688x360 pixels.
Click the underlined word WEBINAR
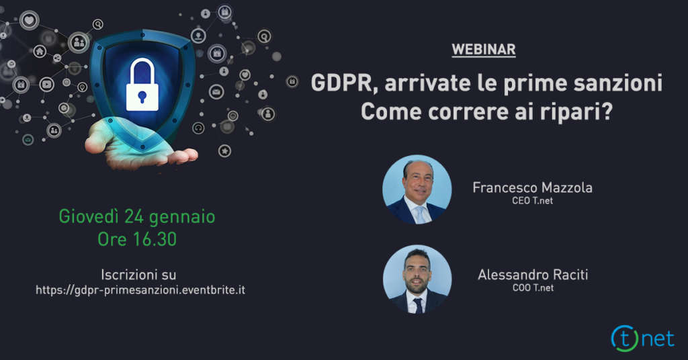pos(484,50)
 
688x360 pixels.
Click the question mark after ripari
pos(606,111)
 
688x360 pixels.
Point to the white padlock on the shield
pos(142,85)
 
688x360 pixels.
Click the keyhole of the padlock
pos(142,97)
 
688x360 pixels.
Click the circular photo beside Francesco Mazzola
pos(417,189)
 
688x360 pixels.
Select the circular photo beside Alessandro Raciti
pos(417,279)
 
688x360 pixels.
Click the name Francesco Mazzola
pos(532,187)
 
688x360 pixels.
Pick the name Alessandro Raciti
pos(533,275)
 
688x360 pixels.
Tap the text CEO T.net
pos(532,201)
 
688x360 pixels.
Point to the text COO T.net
pos(533,288)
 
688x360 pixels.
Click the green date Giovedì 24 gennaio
pos(137,217)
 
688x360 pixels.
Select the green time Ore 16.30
pos(137,239)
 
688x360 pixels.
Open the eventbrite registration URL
pos(140,290)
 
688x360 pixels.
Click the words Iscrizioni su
pos(138,275)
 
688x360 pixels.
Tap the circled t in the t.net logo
pos(625,339)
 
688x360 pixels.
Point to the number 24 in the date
pos(134,216)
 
